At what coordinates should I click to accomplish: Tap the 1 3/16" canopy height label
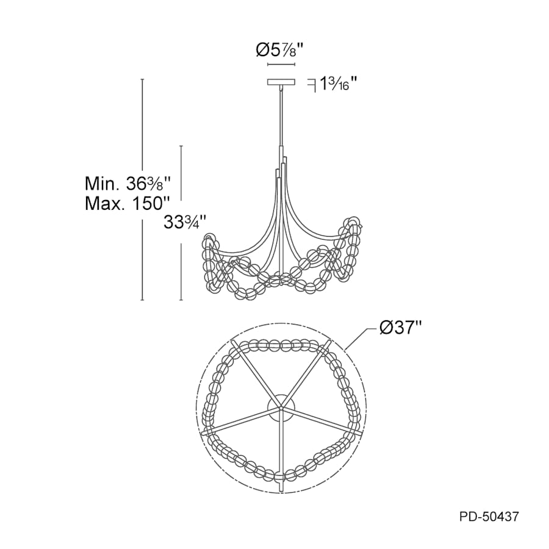coord(338,84)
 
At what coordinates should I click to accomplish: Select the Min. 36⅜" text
coord(128,183)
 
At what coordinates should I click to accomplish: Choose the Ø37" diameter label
coord(401,328)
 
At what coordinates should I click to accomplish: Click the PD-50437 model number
coord(489,517)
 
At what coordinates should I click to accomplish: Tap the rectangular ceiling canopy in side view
coord(281,82)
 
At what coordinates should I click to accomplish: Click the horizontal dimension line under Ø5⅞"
coord(281,65)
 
